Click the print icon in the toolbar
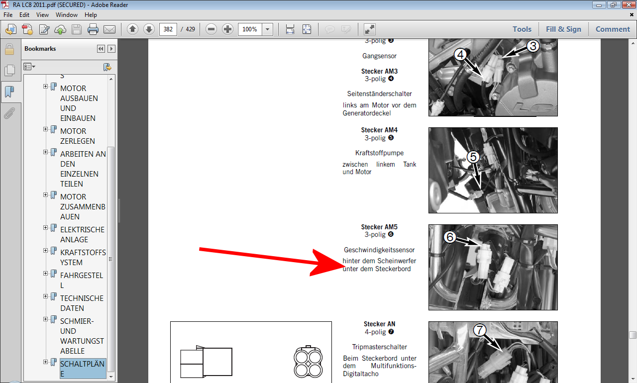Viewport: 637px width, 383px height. pyautogui.click(x=93, y=29)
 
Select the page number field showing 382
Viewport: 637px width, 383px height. pyautogui.click(x=168, y=29)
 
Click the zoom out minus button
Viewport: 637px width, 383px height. pyautogui.click(x=211, y=29)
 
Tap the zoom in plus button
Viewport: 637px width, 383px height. pyautogui.click(x=227, y=29)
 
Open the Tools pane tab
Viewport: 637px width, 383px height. pyautogui.click(x=522, y=29)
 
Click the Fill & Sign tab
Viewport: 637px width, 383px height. pyautogui.click(x=563, y=29)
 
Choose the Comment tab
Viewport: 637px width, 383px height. pyautogui.click(x=613, y=29)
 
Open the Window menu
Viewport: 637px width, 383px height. pyautogui.click(x=67, y=15)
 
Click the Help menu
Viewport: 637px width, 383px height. pyautogui.click(x=91, y=15)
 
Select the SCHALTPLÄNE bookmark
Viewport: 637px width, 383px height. pyautogui.click(x=83, y=369)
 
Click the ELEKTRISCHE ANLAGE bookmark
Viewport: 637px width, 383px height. pyautogui.click(x=82, y=234)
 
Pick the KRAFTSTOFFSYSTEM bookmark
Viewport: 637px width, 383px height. pyautogui.click(x=83, y=257)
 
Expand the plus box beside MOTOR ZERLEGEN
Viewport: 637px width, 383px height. pyautogui.click(x=45, y=129)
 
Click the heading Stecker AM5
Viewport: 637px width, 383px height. pyautogui.click(x=379, y=227)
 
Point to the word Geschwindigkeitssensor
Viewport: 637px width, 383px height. pyautogui.click(x=379, y=250)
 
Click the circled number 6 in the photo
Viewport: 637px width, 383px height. pyautogui.click(x=449, y=237)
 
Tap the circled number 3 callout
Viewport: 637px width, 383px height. pyautogui.click(x=533, y=46)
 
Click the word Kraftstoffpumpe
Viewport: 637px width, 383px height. pyautogui.click(x=379, y=153)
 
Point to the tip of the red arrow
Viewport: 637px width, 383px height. pyautogui.click(x=344, y=266)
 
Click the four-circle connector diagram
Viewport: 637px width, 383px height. pyautogui.click(x=308, y=362)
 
